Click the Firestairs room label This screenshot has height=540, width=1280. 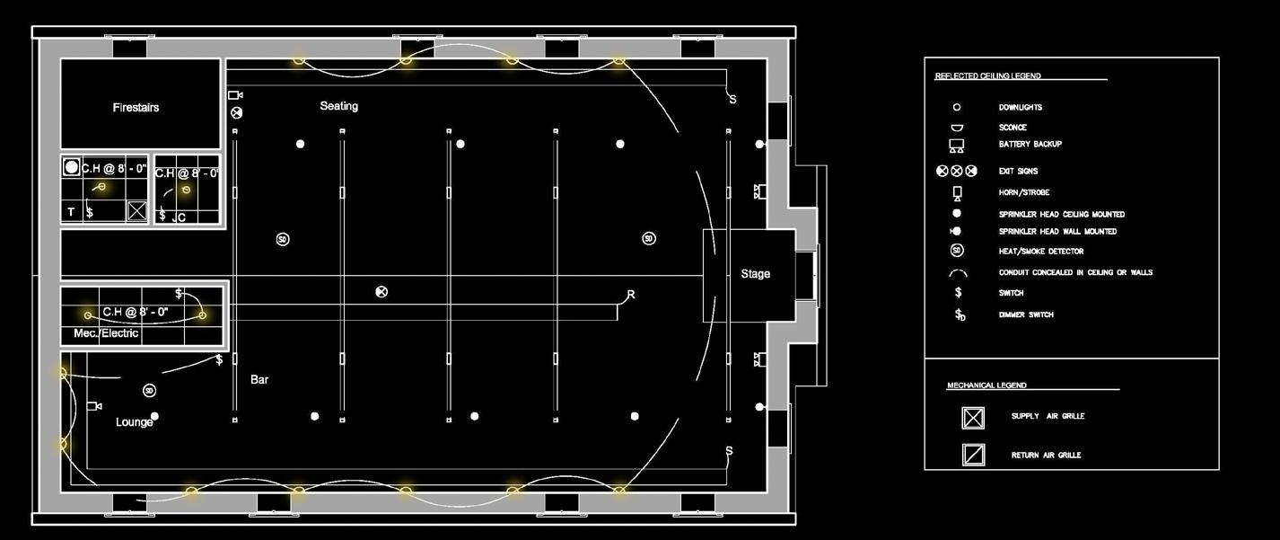(136, 108)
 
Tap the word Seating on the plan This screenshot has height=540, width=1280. (338, 106)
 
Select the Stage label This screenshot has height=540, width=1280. (755, 274)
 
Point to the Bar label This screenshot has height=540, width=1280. (259, 380)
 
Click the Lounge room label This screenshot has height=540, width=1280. (134, 422)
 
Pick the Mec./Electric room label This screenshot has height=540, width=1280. (106, 333)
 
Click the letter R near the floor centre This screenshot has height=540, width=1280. (631, 295)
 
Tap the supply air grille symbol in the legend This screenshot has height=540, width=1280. (973, 418)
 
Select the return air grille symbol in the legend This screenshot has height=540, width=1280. (973, 455)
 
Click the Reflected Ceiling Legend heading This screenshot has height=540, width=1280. (987, 76)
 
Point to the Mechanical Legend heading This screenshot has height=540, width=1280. (986, 385)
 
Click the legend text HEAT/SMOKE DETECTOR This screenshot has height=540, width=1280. (1040, 252)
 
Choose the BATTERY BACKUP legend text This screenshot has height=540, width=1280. (1030, 145)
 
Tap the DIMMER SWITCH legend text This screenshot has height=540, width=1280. (1026, 315)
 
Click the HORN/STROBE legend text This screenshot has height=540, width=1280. (1024, 193)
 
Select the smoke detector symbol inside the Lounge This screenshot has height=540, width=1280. (149, 391)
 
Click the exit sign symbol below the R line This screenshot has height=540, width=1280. (381, 292)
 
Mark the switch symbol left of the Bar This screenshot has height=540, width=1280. (219, 360)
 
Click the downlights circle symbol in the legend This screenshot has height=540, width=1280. (957, 108)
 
